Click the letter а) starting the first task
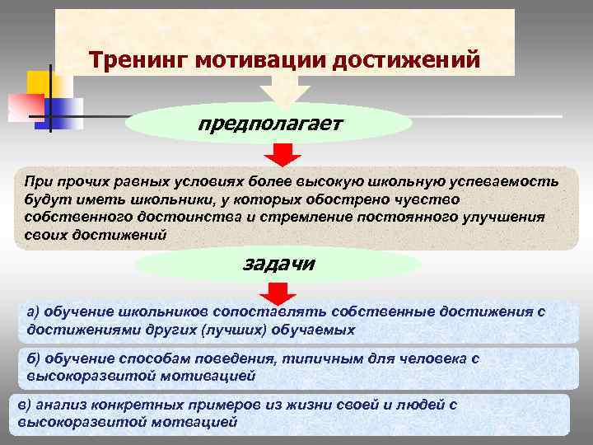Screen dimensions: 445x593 coord(33,312)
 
